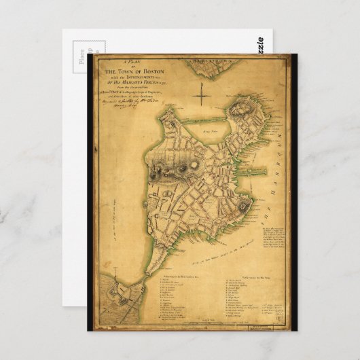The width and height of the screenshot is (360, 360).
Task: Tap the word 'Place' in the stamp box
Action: coord(81,60)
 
